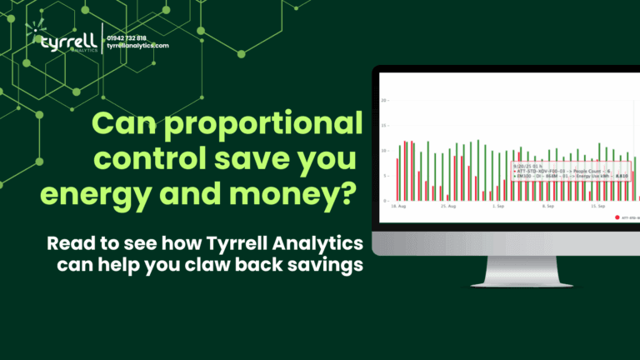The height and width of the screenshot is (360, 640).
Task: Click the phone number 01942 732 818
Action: tap(127, 37)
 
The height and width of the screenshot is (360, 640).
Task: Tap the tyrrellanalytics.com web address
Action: tap(137, 46)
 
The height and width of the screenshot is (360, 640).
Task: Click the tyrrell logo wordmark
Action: tap(62, 41)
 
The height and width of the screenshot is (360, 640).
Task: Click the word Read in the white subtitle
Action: tap(66, 244)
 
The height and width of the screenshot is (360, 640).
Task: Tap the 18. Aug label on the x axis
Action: tap(398, 205)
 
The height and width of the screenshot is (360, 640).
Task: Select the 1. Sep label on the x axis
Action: tap(498, 205)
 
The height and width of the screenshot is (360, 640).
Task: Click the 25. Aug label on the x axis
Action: tap(448, 205)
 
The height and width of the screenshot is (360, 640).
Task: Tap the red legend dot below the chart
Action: tap(617, 217)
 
